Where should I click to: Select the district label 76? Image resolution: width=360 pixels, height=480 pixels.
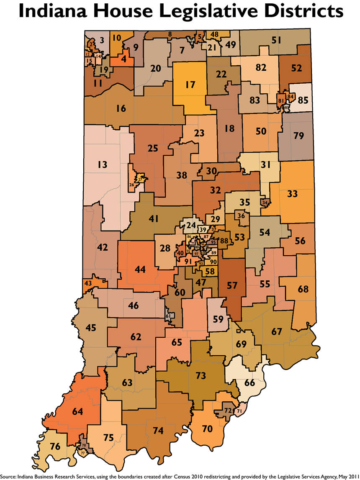55,447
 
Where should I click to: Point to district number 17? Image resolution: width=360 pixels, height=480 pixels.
190,85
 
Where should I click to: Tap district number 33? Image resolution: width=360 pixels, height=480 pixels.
293,194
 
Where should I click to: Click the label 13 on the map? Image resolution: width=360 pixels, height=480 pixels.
103,164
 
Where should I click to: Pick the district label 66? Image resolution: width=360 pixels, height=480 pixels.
249,382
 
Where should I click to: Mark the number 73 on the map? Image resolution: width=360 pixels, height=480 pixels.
201,375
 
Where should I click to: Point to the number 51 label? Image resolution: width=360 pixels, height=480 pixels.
276,41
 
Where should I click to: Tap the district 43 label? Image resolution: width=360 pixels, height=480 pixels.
88,283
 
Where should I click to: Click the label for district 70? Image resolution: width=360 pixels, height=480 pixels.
207,429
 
